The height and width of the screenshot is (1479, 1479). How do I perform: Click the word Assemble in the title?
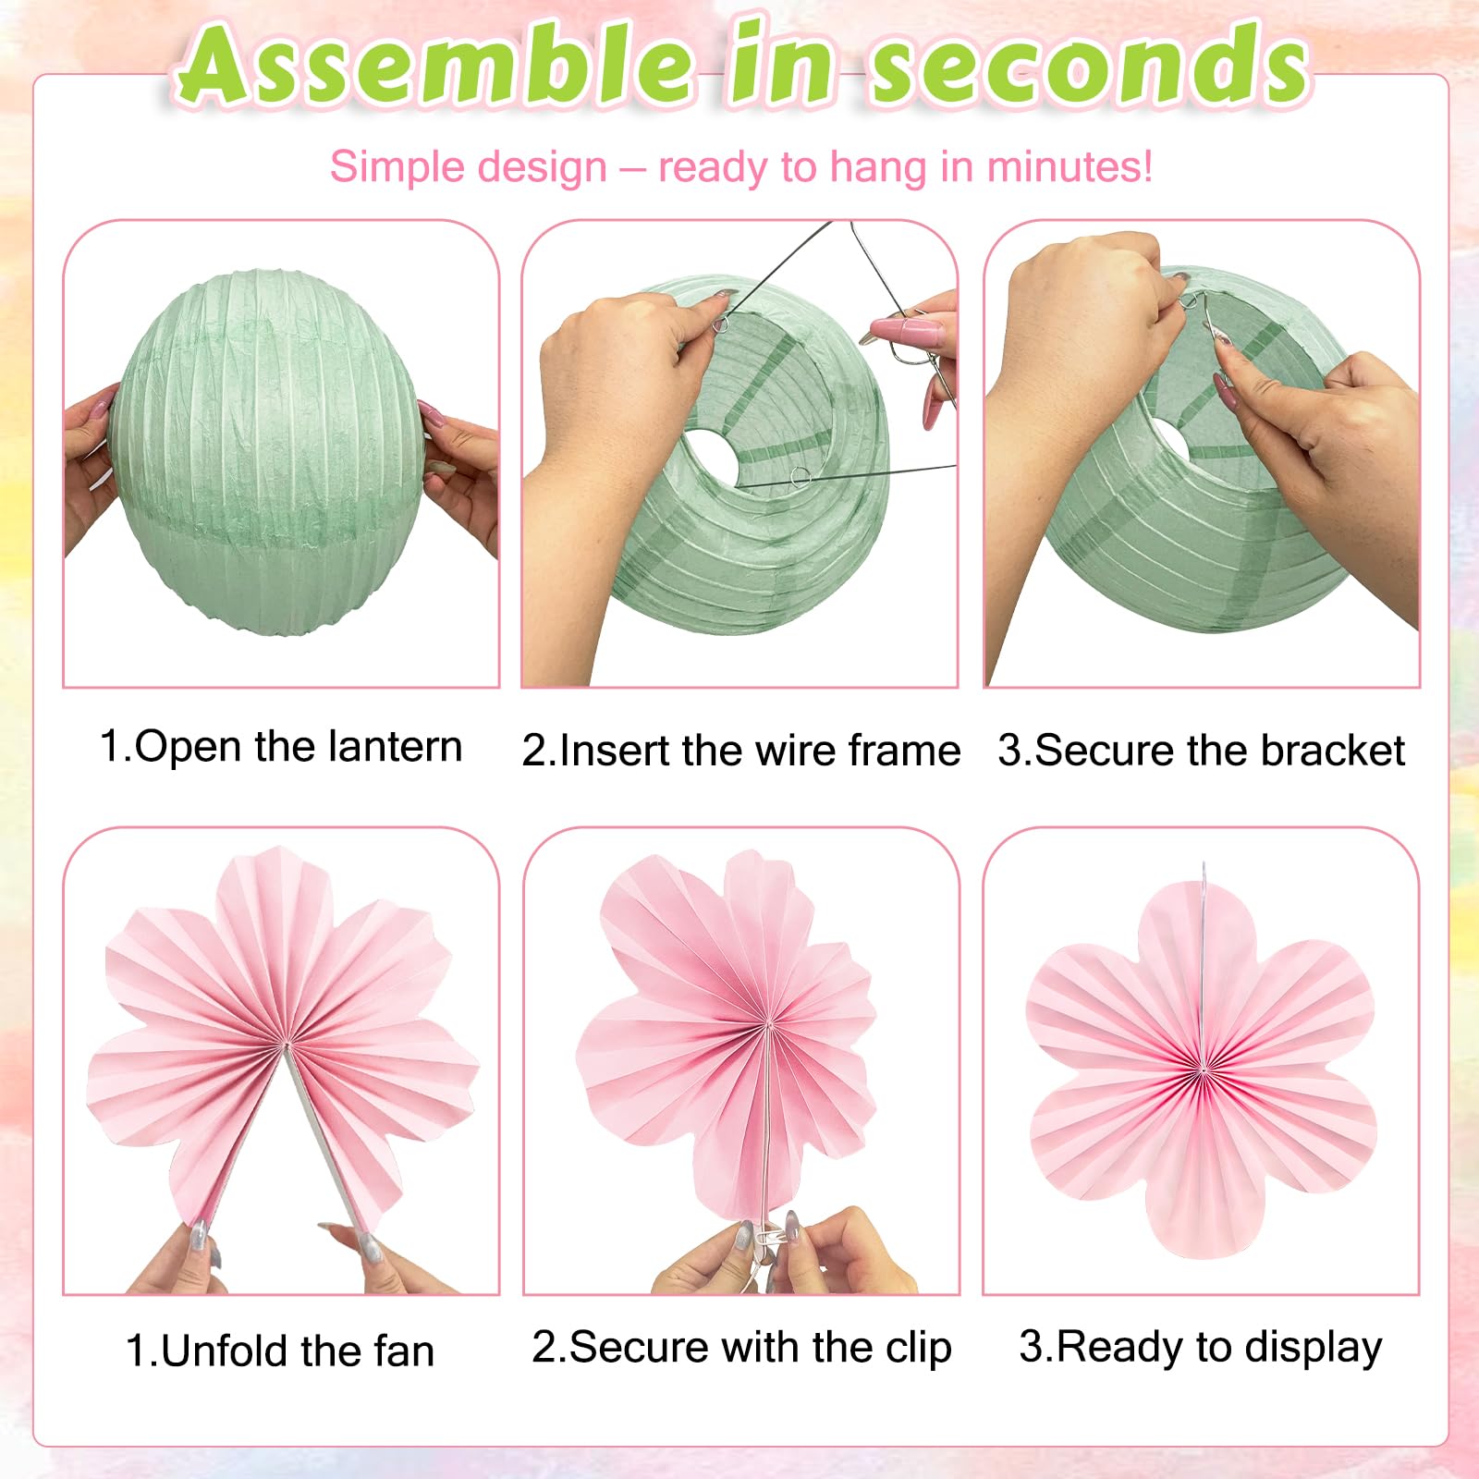coord(435,64)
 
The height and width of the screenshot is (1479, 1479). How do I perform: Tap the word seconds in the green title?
coord(1090,64)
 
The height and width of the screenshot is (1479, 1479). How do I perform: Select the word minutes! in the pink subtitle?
coord(1070,167)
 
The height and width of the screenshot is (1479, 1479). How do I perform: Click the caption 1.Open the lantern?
coord(281,747)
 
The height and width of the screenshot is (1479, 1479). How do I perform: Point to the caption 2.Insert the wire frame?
coord(741,751)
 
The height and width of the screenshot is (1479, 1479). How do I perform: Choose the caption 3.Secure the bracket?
coord(1201,751)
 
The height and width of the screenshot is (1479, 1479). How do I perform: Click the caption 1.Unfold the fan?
coord(280,1351)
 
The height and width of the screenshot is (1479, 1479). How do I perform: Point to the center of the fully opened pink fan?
coord(1203,1070)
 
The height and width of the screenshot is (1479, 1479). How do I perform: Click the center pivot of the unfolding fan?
coord(285,1045)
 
